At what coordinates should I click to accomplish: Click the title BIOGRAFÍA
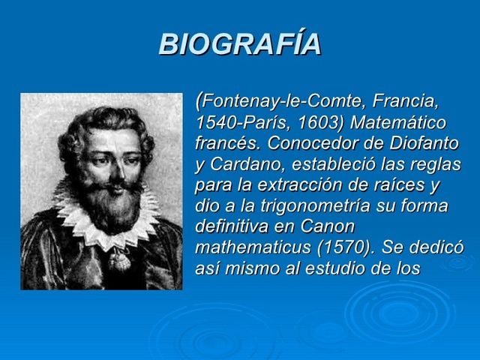(x=240, y=44)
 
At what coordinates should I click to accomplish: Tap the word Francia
(x=406, y=100)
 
